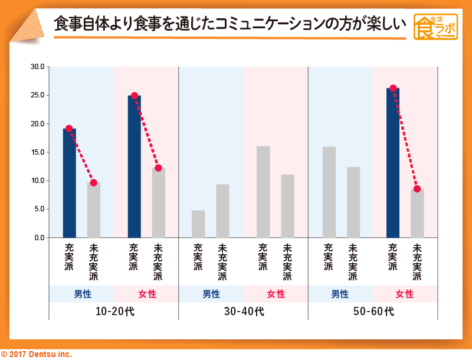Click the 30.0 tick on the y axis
tap(37, 67)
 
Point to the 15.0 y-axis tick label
tap(37, 152)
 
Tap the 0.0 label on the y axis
tap(39, 238)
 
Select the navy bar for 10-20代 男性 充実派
tap(70, 183)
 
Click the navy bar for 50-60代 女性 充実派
tap(393, 163)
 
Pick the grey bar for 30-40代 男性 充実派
tap(198, 224)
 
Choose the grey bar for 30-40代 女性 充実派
tap(263, 192)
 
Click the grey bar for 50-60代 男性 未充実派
tap(353, 202)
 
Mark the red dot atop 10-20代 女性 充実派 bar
tap(135, 96)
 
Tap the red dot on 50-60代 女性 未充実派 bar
tap(417, 189)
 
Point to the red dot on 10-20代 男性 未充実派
tap(94, 183)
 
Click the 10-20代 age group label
tap(114, 311)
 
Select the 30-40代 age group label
tap(244, 311)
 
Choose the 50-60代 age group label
tap(373, 311)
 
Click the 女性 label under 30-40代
tap(276, 294)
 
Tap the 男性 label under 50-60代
tap(340, 294)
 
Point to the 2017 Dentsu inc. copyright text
tap(37, 354)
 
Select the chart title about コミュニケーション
tap(230, 25)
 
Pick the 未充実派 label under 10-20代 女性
tap(158, 263)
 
